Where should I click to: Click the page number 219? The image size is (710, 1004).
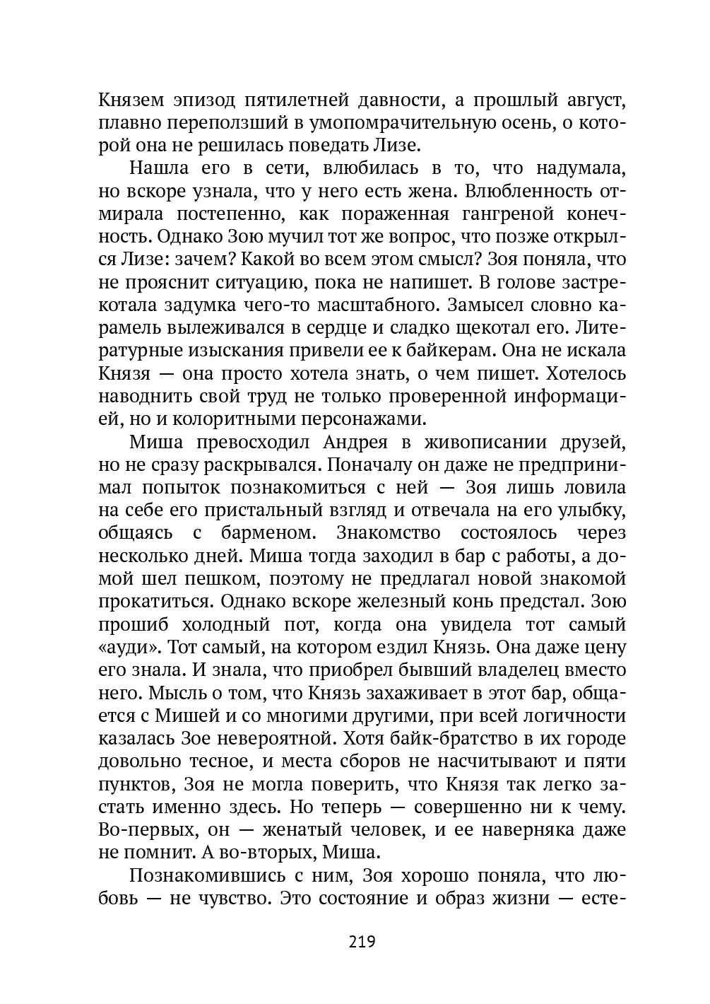tap(361, 941)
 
